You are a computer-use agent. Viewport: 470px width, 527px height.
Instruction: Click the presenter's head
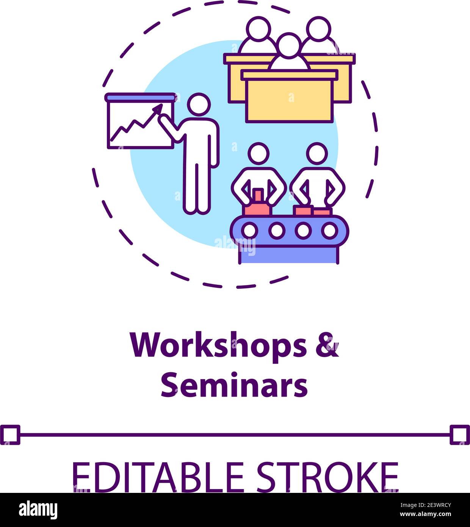199,105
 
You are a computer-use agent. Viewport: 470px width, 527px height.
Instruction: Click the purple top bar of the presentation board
141,97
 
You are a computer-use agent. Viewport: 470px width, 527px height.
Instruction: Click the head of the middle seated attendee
289,45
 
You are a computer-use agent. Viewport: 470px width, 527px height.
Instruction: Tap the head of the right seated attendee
318,28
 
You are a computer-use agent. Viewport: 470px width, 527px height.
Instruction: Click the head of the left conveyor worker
258,154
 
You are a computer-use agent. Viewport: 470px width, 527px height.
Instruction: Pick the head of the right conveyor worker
317,154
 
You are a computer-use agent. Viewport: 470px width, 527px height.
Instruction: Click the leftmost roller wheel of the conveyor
250,230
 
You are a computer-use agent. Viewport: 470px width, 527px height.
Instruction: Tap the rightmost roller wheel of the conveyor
330,230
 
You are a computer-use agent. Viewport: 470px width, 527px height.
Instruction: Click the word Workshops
218,345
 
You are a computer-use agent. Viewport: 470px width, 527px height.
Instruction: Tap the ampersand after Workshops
327,345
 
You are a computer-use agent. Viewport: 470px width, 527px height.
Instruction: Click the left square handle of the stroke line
10,434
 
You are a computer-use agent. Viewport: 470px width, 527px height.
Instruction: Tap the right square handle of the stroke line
460,434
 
